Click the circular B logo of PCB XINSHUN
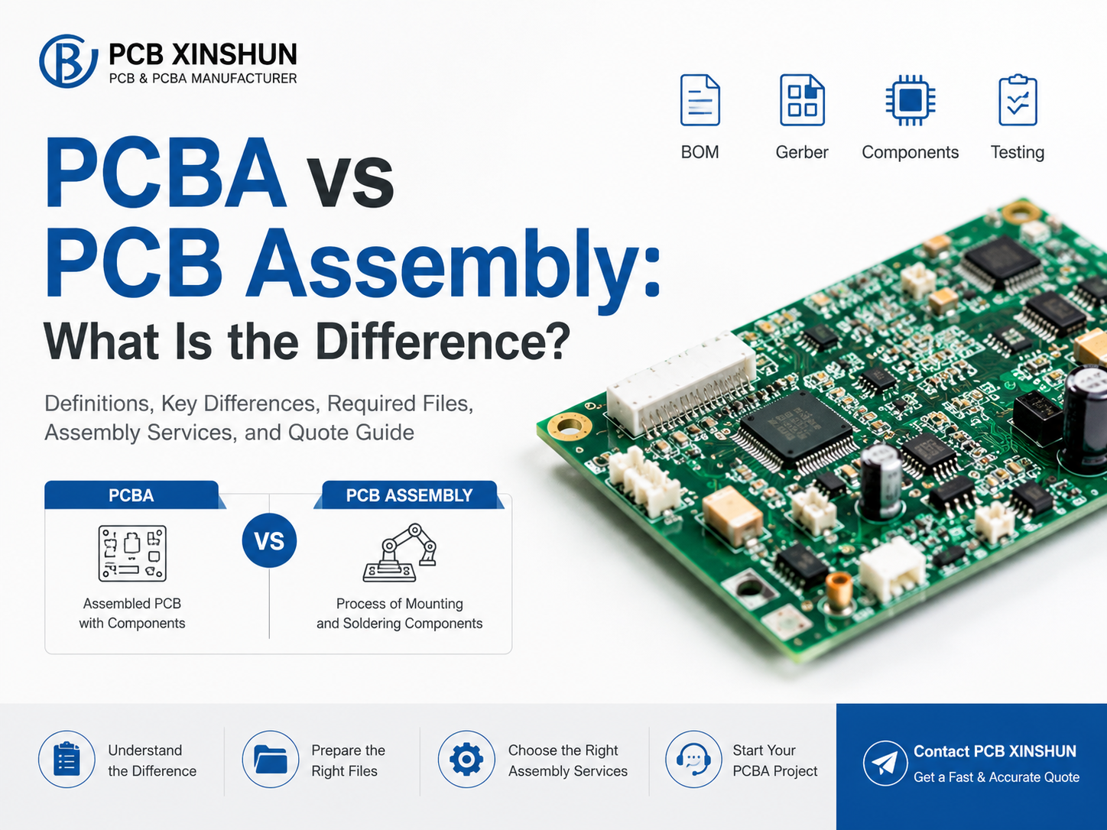68,61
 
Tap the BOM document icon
700,100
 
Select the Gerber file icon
802,100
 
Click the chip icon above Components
911,100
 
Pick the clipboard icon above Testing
1018,99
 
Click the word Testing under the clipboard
1018,153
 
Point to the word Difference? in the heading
443,342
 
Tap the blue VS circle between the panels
269,540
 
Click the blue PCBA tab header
132,495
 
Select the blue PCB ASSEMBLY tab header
409,495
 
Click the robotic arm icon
399,553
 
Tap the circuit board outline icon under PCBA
132,553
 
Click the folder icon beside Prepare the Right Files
271,759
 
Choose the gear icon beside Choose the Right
466,759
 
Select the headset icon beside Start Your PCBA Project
693,759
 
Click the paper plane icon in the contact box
885,763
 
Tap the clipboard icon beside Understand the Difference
67,759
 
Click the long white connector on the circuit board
681,384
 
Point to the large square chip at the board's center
797,426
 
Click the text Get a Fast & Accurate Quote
997,777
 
